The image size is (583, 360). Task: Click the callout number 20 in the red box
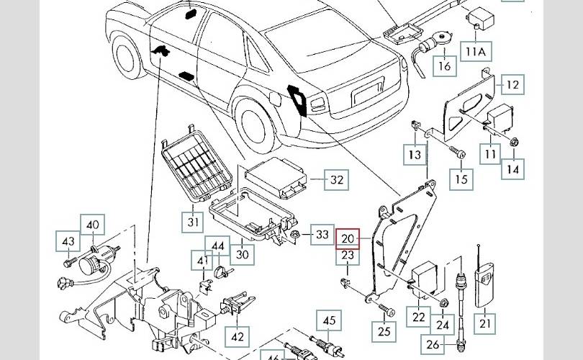[x=348, y=238]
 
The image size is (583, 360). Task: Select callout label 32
[x=336, y=180]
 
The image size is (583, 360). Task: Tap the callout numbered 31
[x=193, y=221]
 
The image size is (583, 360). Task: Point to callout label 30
[x=243, y=253]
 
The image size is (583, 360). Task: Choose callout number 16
[x=444, y=67]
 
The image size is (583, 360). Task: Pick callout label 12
[x=512, y=85]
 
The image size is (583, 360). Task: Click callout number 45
[x=328, y=320]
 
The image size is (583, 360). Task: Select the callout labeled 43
[x=68, y=242]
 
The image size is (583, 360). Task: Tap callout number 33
[x=322, y=234]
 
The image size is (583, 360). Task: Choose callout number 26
[x=453, y=344]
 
